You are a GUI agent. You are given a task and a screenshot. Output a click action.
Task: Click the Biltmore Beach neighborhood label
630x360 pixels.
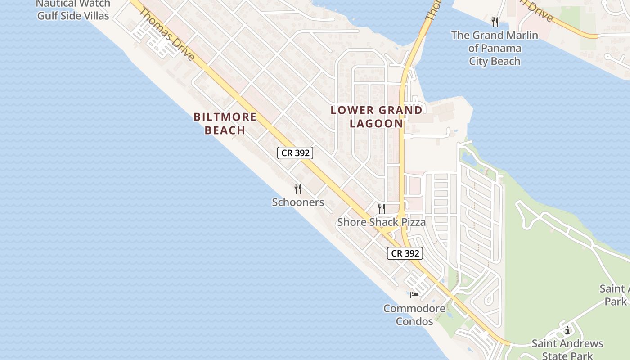click(x=225, y=124)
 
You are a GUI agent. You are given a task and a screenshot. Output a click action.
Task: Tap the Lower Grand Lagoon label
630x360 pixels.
click(x=377, y=117)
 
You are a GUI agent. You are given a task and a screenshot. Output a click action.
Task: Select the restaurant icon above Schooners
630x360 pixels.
click(x=297, y=189)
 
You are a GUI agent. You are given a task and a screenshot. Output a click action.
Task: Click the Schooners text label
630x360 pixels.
click(x=298, y=202)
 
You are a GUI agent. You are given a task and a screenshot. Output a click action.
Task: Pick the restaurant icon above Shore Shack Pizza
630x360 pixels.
click(x=382, y=208)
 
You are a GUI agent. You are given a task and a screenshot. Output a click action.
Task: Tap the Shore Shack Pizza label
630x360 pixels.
click(x=381, y=222)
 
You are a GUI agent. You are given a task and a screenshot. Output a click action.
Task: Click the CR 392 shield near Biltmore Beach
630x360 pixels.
click(x=295, y=153)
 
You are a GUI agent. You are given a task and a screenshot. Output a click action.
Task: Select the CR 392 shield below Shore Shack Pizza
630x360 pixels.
click(x=405, y=253)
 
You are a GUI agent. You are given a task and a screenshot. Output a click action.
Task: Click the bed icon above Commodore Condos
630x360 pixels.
click(x=414, y=295)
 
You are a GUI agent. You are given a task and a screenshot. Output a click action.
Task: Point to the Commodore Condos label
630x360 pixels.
click(x=414, y=315)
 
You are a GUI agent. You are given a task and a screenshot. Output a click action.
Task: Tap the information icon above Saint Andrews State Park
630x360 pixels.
click(x=567, y=331)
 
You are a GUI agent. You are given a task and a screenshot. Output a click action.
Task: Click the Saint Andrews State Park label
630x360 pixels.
click(x=567, y=350)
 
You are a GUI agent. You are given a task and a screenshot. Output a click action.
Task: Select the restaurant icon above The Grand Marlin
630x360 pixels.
click(x=495, y=22)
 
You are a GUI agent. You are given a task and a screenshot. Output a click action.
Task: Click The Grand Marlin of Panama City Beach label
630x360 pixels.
click(x=495, y=48)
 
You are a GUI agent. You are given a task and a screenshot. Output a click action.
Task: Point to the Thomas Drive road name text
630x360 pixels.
click(x=166, y=34)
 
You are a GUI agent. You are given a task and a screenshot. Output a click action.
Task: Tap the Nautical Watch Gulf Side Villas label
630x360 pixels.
click(x=73, y=10)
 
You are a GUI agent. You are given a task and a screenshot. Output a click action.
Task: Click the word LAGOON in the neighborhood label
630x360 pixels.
click(x=377, y=123)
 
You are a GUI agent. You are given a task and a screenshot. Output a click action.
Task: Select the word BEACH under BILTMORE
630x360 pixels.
click(x=225, y=130)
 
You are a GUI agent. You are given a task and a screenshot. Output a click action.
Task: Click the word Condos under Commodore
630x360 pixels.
click(x=414, y=321)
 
